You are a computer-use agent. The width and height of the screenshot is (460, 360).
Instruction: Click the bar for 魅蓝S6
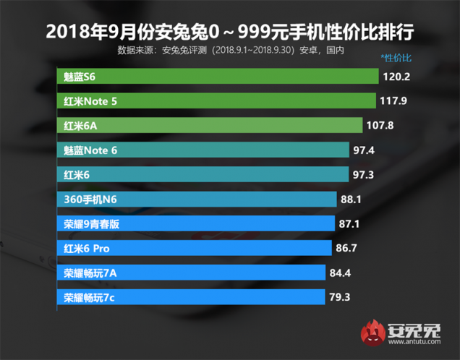(x=217, y=76)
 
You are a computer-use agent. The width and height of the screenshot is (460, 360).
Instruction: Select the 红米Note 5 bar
(x=216, y=100)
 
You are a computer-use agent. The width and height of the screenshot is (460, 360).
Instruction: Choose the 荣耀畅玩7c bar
(x=190, y=297)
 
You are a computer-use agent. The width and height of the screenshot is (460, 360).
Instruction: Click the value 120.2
(x=397, y=76)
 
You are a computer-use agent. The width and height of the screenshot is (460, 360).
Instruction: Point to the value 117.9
(x=394, y=100)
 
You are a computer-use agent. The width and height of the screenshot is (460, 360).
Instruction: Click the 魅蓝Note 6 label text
(x=90, y=150)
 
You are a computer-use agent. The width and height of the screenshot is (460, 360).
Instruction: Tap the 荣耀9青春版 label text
(x=91, y=224)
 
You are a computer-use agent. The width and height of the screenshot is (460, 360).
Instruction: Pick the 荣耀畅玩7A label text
(x=91, y=273)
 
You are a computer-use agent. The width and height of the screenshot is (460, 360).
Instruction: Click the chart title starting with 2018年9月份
(x=229, y=33)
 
